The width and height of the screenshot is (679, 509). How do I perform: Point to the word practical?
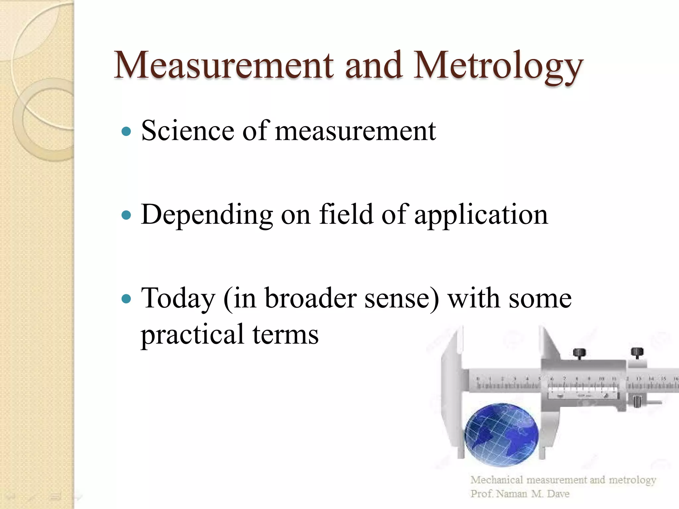(192, 335)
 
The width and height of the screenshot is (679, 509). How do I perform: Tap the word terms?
(285, 335)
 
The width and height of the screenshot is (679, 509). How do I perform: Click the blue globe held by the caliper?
(501, 434)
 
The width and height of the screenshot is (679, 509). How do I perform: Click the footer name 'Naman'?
(512, 494)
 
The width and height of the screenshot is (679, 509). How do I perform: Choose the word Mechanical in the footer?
(496, 480)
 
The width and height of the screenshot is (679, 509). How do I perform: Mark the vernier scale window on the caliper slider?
(583, 391)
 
